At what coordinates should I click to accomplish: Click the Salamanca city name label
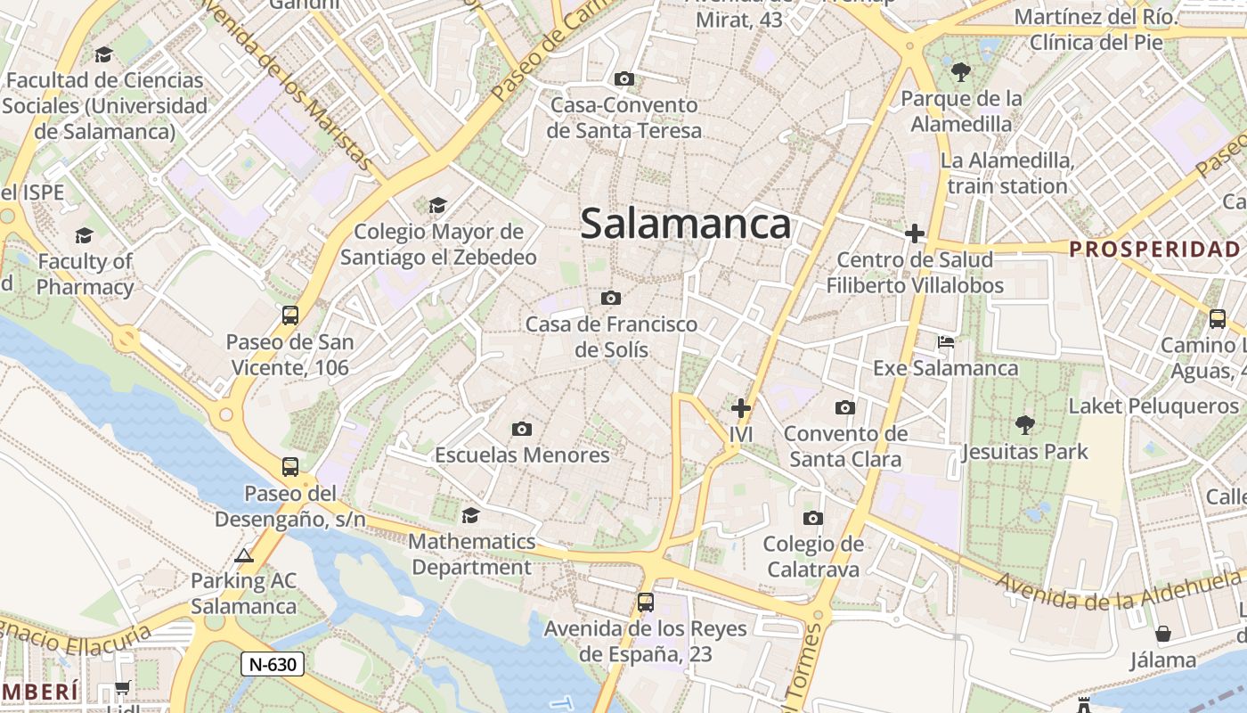[685, 224]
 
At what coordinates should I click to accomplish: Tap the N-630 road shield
[273, 664]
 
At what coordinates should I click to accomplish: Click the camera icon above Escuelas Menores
[522, 430]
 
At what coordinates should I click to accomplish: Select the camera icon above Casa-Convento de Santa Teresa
[624, 79]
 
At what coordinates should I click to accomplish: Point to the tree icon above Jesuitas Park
[1024, 425]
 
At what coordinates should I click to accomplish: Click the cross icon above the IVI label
[740, 408]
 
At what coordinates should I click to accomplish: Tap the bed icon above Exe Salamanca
[946, 342]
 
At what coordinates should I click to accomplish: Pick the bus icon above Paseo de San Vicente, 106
[289, 315]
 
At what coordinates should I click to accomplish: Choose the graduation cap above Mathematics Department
[470, 516]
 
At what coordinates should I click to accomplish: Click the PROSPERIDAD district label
[1154, 249]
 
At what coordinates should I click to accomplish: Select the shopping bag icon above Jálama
[1162, 635]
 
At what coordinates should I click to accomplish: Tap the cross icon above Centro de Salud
[915, 234]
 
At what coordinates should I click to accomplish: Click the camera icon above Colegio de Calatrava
[812, 519]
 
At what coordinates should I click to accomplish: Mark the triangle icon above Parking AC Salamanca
[243, 556]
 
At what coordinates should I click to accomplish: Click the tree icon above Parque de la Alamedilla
[960, 72]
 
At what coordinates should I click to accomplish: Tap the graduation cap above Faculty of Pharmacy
[85, 235]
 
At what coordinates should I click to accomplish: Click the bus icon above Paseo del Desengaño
[289, 466]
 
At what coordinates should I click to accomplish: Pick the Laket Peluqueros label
[1153, 406]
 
